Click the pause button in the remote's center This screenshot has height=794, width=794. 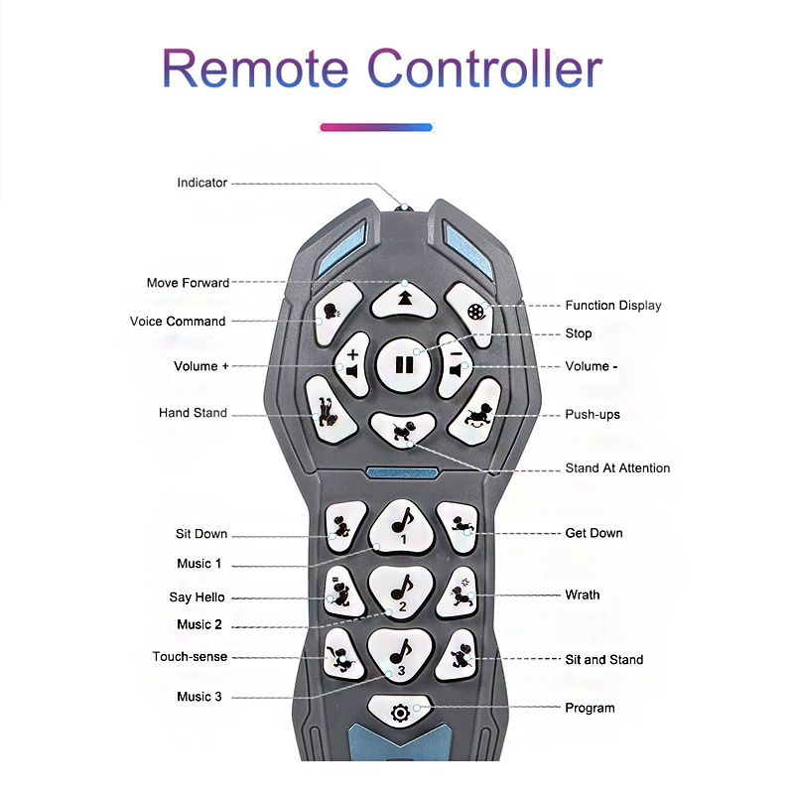click(404, 364)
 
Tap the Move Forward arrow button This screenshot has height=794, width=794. click(404, 296)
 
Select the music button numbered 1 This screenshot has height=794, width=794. click(402, 522)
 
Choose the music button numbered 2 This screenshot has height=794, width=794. click(402, 590)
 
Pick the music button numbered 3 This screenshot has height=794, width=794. click(401, 655)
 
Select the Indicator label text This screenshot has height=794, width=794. click(201, 183)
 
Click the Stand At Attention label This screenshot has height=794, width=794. click(617, 468)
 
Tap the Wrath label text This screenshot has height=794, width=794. click(583, 595)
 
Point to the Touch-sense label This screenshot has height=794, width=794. click(190, 657)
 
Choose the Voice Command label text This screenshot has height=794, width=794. click(178, 322)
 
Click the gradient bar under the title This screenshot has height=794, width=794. click(376, 127)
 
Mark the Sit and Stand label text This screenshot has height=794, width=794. click(603, 660)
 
